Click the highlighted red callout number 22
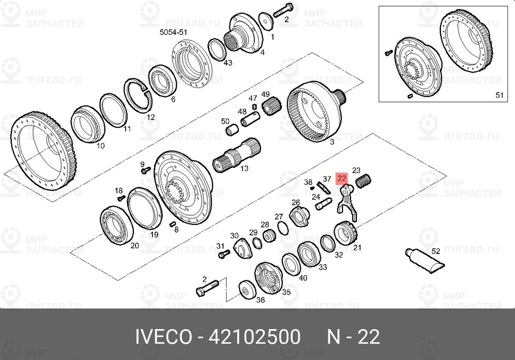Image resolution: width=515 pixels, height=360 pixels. pyautogui.click(x=342, y=179)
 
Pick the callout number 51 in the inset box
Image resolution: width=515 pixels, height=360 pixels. pyautogui.click(x=499, y=95)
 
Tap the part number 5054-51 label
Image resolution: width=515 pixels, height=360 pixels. pyautogui.click(x=173, y=32)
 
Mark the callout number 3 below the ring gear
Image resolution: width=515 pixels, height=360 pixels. pyautogui.click(x=332, y=141)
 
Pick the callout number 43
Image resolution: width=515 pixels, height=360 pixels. pyautogui.click(x=228, y=63)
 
